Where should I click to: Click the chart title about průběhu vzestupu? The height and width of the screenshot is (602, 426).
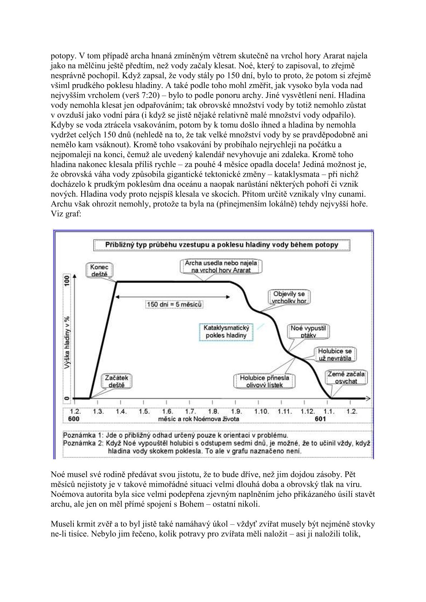pos(222,245)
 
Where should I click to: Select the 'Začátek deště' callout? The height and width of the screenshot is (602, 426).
pos(116,381)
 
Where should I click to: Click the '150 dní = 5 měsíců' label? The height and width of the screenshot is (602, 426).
pos(174,304)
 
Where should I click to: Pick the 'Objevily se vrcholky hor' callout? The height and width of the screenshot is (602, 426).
pos(289,297)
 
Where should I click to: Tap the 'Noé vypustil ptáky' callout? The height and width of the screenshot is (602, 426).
pos(309,331)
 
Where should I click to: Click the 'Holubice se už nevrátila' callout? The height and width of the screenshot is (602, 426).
pos(335,354)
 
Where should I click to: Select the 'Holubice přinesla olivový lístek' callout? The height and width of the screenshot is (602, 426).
pos(265,381)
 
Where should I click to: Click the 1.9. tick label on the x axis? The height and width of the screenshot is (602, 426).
pos(237,411)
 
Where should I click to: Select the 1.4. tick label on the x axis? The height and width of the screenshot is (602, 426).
pos(121,411)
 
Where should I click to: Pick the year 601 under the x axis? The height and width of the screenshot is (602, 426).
pos(320,419)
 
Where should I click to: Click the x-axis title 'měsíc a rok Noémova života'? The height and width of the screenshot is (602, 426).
pos(198,419)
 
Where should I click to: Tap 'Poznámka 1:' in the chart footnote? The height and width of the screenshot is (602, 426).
pos(81,435)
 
